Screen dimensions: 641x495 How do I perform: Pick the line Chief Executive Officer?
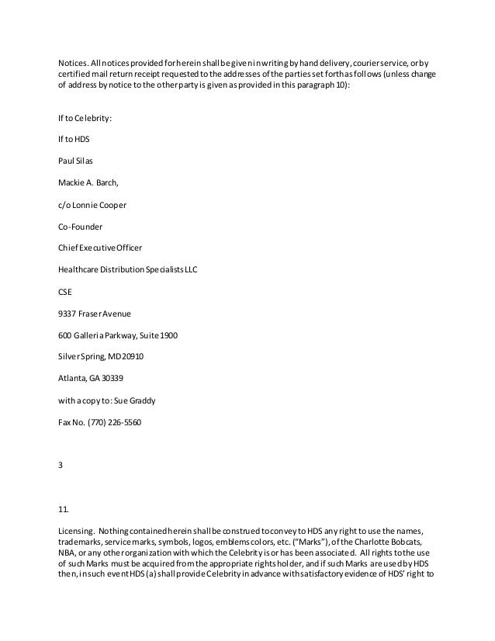pyautogui.click(x=100, y=249)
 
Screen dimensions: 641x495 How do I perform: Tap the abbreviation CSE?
pyautogui.click(x=67, y=293)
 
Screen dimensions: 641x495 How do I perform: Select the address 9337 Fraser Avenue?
pyautogui.click(x=95, y=314)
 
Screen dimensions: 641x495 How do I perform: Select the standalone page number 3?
pyautogui.click(x=61, y=467)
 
